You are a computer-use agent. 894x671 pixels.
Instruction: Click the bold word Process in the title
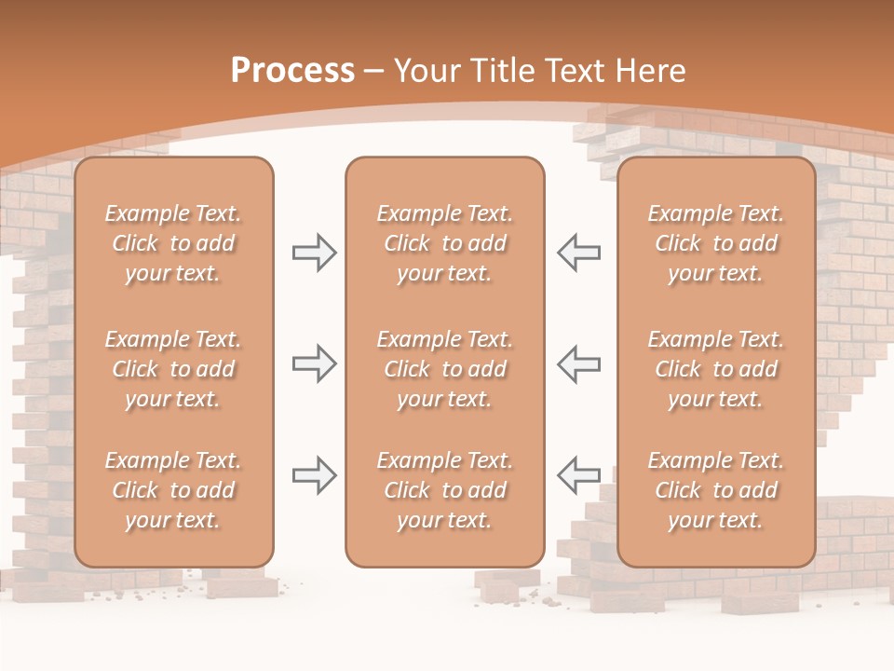click(292, 71)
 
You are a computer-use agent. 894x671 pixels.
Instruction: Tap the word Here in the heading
click(651, 71)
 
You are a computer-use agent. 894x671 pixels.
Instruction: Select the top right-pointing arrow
click(314, 253)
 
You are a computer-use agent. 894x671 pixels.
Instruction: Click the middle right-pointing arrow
click(314, 363)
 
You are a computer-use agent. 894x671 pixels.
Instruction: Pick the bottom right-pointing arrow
click(314, 475)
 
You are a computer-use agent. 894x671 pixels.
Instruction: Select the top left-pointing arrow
click(579, 253)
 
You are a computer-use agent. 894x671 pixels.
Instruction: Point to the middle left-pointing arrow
click(579, 363)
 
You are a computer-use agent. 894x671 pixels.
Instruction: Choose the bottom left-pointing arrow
click(579, 475)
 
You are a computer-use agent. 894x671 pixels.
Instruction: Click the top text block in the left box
click(173, 243)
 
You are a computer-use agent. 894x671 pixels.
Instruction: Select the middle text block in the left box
click(173, 369)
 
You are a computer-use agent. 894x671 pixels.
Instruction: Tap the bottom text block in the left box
click(173, 490)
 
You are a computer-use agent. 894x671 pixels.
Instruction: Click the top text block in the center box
click(445, 243)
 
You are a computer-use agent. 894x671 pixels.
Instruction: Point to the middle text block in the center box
click(445, 369)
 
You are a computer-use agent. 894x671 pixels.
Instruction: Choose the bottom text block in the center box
click(445, 490)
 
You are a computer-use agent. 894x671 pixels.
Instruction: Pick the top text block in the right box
click(716, 243)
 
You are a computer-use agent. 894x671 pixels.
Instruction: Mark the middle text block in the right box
click(716, 369)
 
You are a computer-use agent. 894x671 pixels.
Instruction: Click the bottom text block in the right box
click(716, 490)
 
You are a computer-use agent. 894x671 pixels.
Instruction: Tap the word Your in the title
click(425, 71)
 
